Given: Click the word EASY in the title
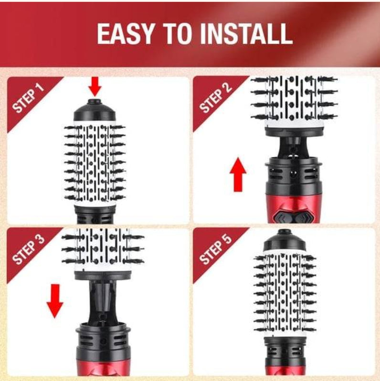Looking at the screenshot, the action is point(126,34).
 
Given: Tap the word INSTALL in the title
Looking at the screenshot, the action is point(246,34).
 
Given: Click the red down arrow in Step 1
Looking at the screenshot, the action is point(95,86).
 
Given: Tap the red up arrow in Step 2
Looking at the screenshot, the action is point(238,174).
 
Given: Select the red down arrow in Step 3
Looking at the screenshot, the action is point(55,301).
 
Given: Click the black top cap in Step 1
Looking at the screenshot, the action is point(95,111).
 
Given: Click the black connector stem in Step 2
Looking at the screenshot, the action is point(294,147).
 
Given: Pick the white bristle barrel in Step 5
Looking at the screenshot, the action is point(285,293).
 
